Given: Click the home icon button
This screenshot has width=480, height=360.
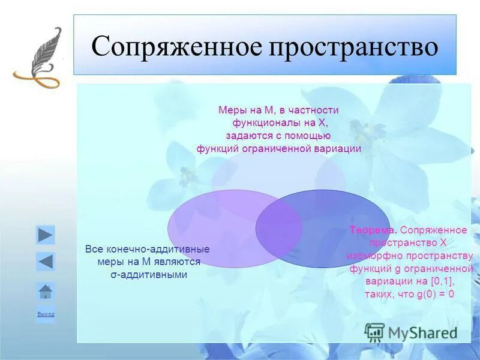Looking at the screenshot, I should [46, 291].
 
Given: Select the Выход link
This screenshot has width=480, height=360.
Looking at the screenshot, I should [46, 314].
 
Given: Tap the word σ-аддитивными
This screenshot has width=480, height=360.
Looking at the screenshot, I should [149, 275].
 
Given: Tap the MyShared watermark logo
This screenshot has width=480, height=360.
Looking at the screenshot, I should [411, 332].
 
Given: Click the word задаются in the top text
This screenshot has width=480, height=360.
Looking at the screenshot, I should [245, 136].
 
